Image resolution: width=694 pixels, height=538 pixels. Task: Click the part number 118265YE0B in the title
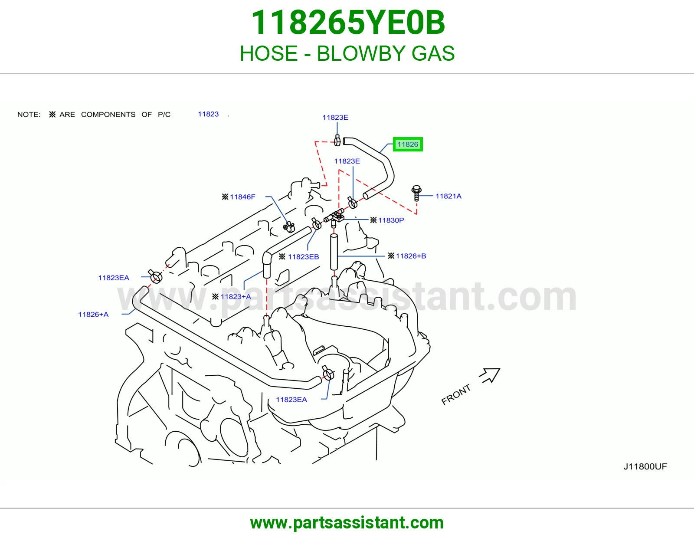point(348,23)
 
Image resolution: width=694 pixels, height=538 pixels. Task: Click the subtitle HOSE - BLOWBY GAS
point(347,53)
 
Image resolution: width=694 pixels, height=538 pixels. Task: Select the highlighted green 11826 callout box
point(408,144)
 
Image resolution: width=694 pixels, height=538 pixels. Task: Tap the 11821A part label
point(448,196)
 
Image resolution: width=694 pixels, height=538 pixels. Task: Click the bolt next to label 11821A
point(416,193)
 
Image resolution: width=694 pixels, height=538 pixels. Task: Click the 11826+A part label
point(93,315)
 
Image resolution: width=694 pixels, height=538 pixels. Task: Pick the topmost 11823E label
point(335,117)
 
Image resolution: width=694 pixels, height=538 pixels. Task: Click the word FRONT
point(456,394)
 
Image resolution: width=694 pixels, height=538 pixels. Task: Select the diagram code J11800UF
point(645,466)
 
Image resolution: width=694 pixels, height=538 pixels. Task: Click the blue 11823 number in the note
point(208,114)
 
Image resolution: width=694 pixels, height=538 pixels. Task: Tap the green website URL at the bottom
point(347,523)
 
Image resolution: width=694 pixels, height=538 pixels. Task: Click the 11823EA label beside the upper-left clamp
point(114,278)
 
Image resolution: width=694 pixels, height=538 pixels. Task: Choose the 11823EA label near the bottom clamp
point(291,400)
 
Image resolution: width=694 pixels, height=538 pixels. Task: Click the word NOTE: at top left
point(29,115)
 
